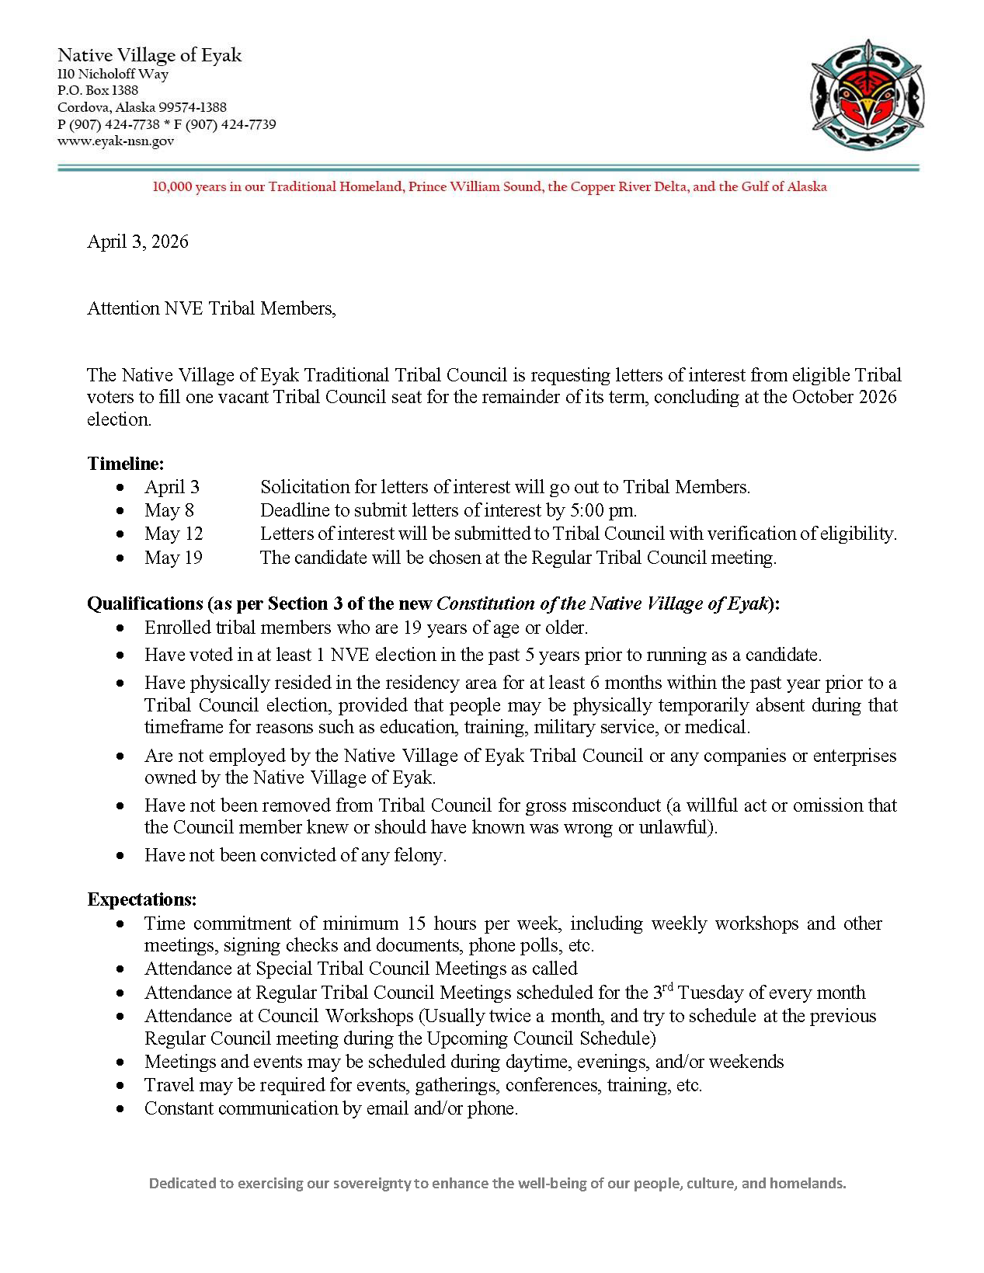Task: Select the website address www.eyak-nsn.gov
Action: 116,141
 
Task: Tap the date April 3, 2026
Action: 137,242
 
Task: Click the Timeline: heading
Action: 126,464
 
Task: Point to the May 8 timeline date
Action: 169,510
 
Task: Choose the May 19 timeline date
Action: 173,558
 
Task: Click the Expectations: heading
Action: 142,899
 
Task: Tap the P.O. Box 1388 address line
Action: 98,91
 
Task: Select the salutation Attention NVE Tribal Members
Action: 211,308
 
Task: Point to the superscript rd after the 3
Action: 668,987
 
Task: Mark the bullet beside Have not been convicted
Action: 120,856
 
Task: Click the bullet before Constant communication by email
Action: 120,1109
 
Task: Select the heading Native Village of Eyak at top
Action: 150,55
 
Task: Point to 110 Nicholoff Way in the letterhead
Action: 113,75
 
